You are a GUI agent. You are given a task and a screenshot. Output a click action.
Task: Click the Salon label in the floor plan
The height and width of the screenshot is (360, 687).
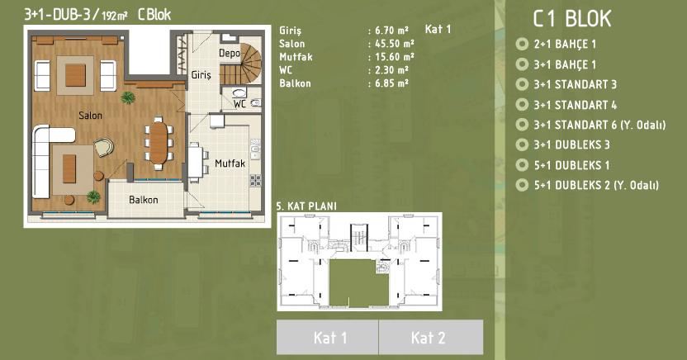[90, 116]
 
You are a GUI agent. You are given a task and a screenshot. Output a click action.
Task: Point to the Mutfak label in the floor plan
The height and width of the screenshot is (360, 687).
[230, 163]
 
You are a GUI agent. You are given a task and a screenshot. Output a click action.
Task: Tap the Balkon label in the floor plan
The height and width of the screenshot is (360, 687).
[144, 200]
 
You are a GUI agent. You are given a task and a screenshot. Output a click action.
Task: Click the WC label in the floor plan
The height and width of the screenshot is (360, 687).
[239, 104]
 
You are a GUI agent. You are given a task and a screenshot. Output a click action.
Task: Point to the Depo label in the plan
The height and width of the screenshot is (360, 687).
[230, 54]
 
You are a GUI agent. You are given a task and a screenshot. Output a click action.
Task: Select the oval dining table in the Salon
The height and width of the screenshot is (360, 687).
[159, 143]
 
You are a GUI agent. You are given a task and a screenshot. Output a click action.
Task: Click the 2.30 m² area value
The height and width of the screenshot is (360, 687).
[391, 70]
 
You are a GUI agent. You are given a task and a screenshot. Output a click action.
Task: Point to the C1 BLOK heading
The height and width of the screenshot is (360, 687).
[571, 19]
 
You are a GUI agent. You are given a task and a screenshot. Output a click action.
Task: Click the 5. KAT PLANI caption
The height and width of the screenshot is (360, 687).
[306, 206]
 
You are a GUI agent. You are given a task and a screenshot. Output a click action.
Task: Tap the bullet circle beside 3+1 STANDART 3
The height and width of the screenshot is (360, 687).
[522, 84]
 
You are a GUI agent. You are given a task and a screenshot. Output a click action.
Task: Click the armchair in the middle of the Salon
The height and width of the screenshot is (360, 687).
[104, 147]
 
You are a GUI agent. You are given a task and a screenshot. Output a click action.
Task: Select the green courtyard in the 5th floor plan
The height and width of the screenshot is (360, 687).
[359, 283]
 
